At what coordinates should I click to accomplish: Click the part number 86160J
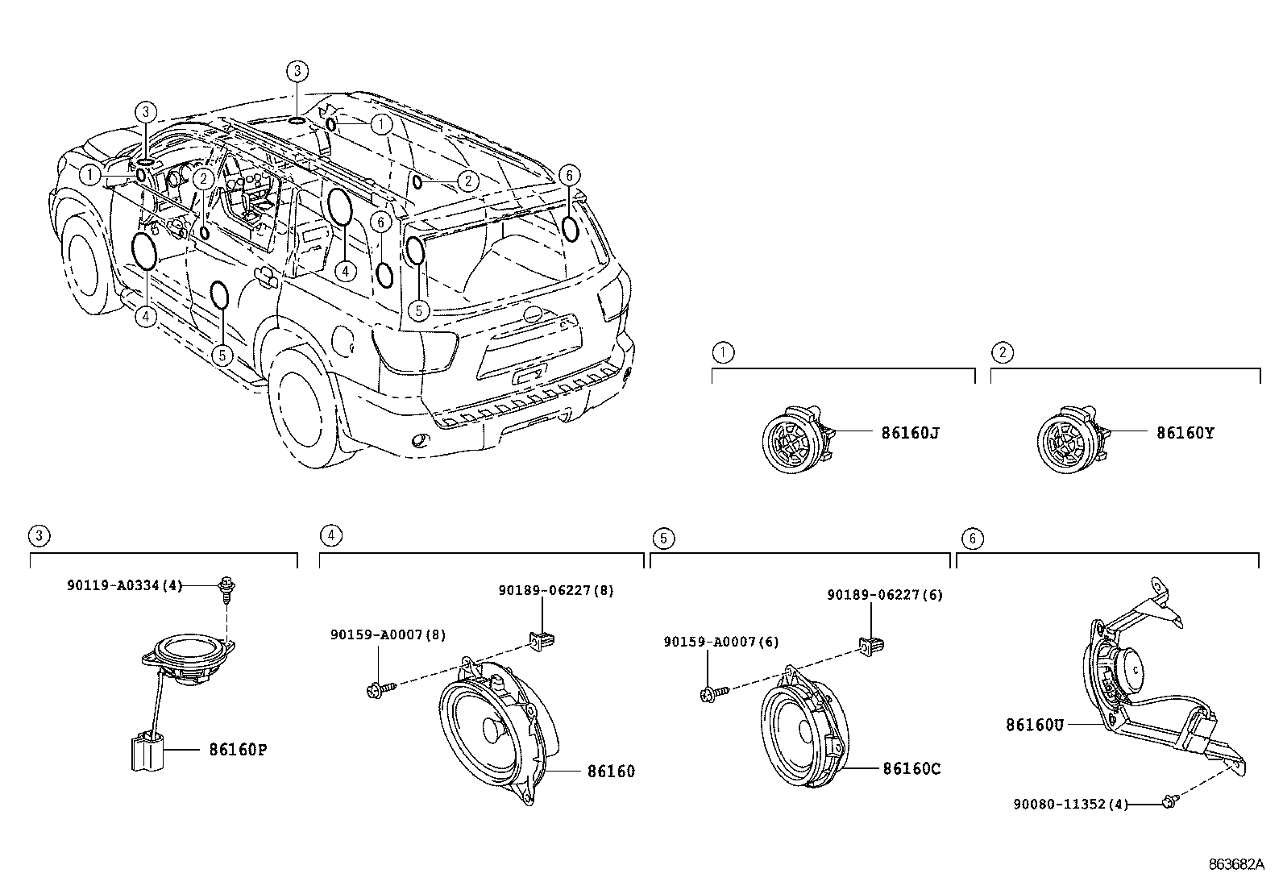pyautogui.click(x=910, y=433)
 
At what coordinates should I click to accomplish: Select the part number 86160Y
pyautogui.click(x=1185, y=433)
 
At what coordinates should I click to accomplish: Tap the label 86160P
pyautogui.click(x=238, y=750)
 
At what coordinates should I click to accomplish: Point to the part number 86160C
pyautogui.click(x=911, y=769)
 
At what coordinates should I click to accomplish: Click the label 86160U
pyautogui.click(x=1035, y=725)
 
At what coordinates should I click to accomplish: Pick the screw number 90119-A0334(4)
pyautogui.click(x=125, y=586)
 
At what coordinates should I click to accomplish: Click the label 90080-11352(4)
pyautogui.click(x=1071, y=804)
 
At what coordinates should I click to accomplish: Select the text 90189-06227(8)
pyautogui.click(x=556, y=590)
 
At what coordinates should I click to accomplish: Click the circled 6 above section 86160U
pyautogui.click(x=973, y=538)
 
